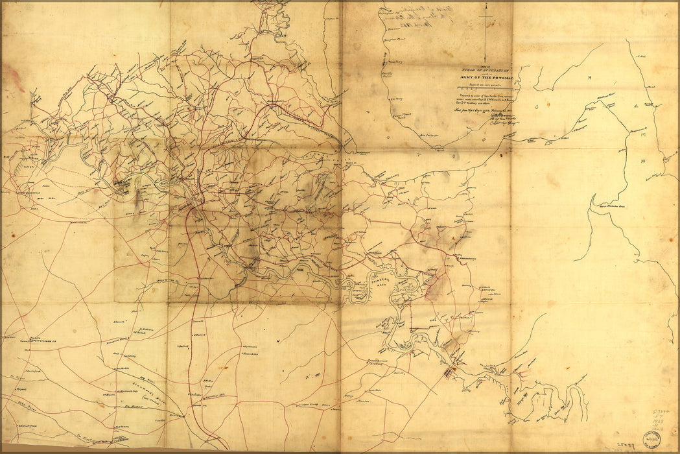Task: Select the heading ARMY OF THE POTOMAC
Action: (482, 78)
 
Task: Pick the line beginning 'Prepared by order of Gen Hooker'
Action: (483, 98)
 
